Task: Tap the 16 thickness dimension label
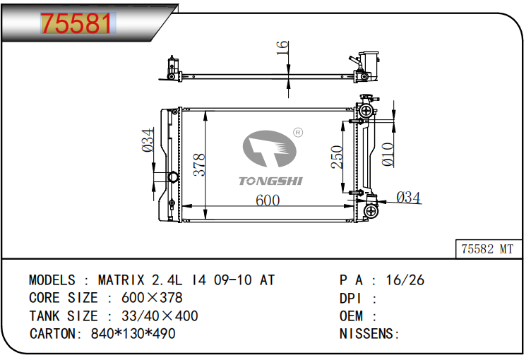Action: coord(282,48)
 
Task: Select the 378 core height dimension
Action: coord(199,165)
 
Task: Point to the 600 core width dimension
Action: coord(268,200)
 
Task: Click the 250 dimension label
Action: coord(337,157)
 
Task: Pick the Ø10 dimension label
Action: coord(388,155)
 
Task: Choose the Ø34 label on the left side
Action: coord(148,140)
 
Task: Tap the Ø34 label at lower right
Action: coord(408,198)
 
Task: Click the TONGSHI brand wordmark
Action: coord(270,181)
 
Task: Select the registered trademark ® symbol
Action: coord(298,133)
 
